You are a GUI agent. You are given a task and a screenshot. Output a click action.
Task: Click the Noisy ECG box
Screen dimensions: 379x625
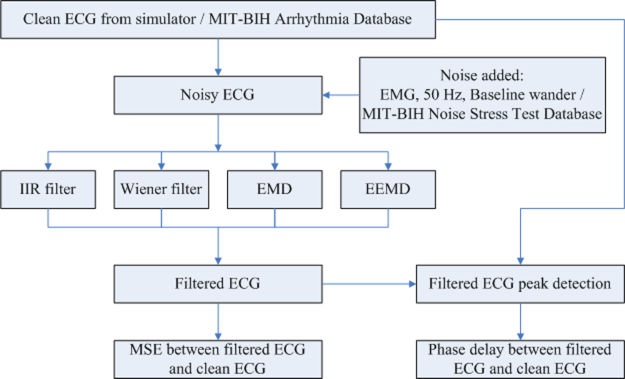click(217, 96)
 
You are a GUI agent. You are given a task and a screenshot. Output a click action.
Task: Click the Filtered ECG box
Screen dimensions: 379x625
click(217, 283)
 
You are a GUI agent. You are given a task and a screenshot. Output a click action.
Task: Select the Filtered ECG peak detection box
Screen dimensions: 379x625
click(519, 283)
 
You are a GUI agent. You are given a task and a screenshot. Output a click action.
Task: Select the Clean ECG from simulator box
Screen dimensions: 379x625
click(217, 19)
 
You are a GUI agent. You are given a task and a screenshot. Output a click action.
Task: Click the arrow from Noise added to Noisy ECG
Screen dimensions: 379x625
click(340, 96)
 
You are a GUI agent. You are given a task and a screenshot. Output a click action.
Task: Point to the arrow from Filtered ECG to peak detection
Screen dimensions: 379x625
click(369, 283)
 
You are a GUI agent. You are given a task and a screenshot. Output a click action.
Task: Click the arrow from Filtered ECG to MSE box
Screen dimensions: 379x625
click(217, 321)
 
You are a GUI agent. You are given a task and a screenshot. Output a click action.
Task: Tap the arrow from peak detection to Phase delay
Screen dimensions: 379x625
click(519, 321)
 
